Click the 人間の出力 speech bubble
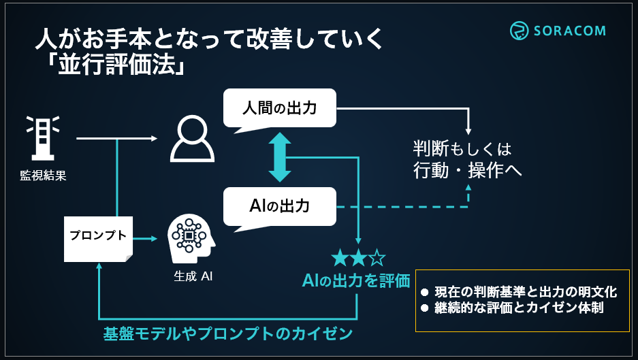click(280, 108)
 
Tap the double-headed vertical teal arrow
click(280, 157)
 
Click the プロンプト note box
click(98, 238)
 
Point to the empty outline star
click(377, 258)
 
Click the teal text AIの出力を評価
click(357, 280)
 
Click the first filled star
click(339, 258)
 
